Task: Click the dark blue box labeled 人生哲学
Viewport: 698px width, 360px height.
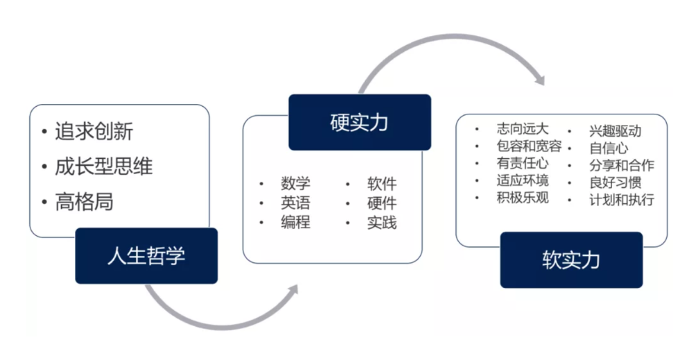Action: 146,256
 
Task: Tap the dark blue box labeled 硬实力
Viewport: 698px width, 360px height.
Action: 359,123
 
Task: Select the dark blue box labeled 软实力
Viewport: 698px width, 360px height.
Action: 571,260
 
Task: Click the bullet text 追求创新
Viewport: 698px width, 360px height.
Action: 94,130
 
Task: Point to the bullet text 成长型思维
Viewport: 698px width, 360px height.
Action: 103,166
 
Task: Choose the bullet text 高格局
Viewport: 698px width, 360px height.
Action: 84,202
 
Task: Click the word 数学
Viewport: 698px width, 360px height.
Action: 295,184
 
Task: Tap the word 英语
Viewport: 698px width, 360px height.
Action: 295,203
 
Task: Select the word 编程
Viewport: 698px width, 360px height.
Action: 295,223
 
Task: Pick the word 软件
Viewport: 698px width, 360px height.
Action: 382,184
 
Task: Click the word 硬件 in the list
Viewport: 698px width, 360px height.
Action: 382,203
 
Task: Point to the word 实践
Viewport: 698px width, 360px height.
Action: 382,223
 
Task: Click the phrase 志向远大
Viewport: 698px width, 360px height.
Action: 522,129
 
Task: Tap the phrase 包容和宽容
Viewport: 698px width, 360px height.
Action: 529,146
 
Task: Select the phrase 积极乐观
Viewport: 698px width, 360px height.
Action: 522,198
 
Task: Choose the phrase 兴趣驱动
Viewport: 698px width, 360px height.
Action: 615,130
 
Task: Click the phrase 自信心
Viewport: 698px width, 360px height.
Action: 609,148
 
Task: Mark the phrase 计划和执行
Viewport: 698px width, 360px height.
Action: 621,200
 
